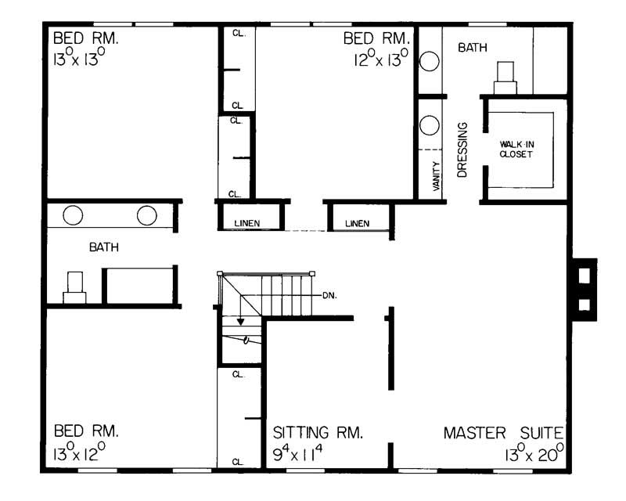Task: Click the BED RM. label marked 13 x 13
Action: [85, 38]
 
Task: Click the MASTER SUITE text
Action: [503, 432]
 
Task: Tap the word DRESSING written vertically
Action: [462, 149]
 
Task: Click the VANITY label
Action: [436, 176]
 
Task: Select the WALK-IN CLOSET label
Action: [516, 149]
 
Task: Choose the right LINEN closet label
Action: [356, 224]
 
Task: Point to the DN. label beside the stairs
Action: [329, 295]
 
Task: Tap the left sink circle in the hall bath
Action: [74, 215]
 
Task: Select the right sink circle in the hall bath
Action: [147, 215]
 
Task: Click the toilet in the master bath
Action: [505, 77]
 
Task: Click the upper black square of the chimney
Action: [582, 276]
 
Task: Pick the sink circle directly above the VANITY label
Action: [430, 125]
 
